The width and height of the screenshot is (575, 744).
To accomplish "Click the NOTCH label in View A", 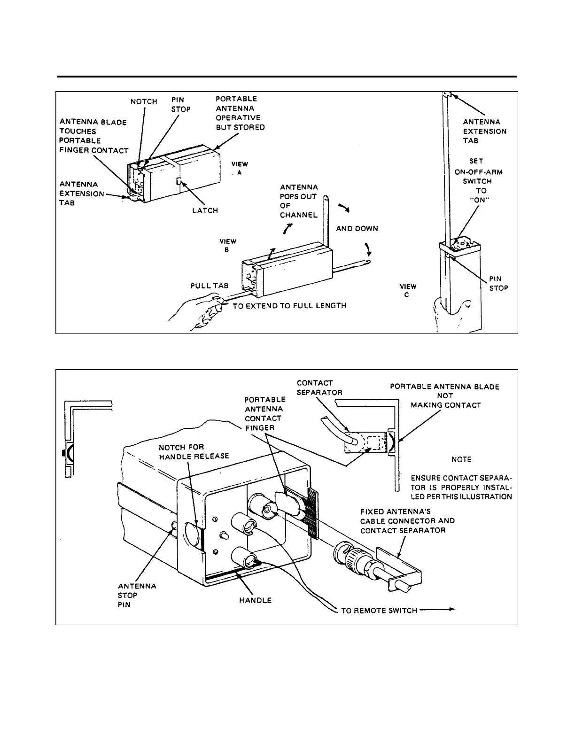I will pyautogui.click(x=144, y=101).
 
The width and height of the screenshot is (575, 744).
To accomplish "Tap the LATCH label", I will pyautogui.click(x=205, y=210).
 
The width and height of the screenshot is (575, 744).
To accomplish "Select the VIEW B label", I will pyautogui.click(x=228, y=245).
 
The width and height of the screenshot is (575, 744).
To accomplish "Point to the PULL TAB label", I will pyautogui.click(x=209, y=285).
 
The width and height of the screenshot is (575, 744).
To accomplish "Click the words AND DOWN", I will pyautogui.click(x=357, y=228).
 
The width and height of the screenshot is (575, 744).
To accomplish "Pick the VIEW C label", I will pyautogui.click(x=408, y=290).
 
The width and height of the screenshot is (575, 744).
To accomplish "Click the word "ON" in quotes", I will pyautogui.click(x=481, y=200).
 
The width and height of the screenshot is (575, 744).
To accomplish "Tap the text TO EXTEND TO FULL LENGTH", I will pyautogui.click(x=289, y=305).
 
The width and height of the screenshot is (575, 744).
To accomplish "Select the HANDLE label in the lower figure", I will pyautogui.click(x=256, y=600).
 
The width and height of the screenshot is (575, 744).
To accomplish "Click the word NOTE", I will pyautogui.click(x=461, y=459).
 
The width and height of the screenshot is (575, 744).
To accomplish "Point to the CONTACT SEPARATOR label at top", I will pyautogui.click(x=319, y=387).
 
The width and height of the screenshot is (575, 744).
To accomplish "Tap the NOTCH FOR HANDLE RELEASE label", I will pyautogui.click(x=194, y=451).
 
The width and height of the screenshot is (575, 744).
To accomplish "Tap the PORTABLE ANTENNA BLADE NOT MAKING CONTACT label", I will pyautogui.click(x=445, y=395).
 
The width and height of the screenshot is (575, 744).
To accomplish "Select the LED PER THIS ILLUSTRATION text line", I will pyautogui.click(x=461, y=496).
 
